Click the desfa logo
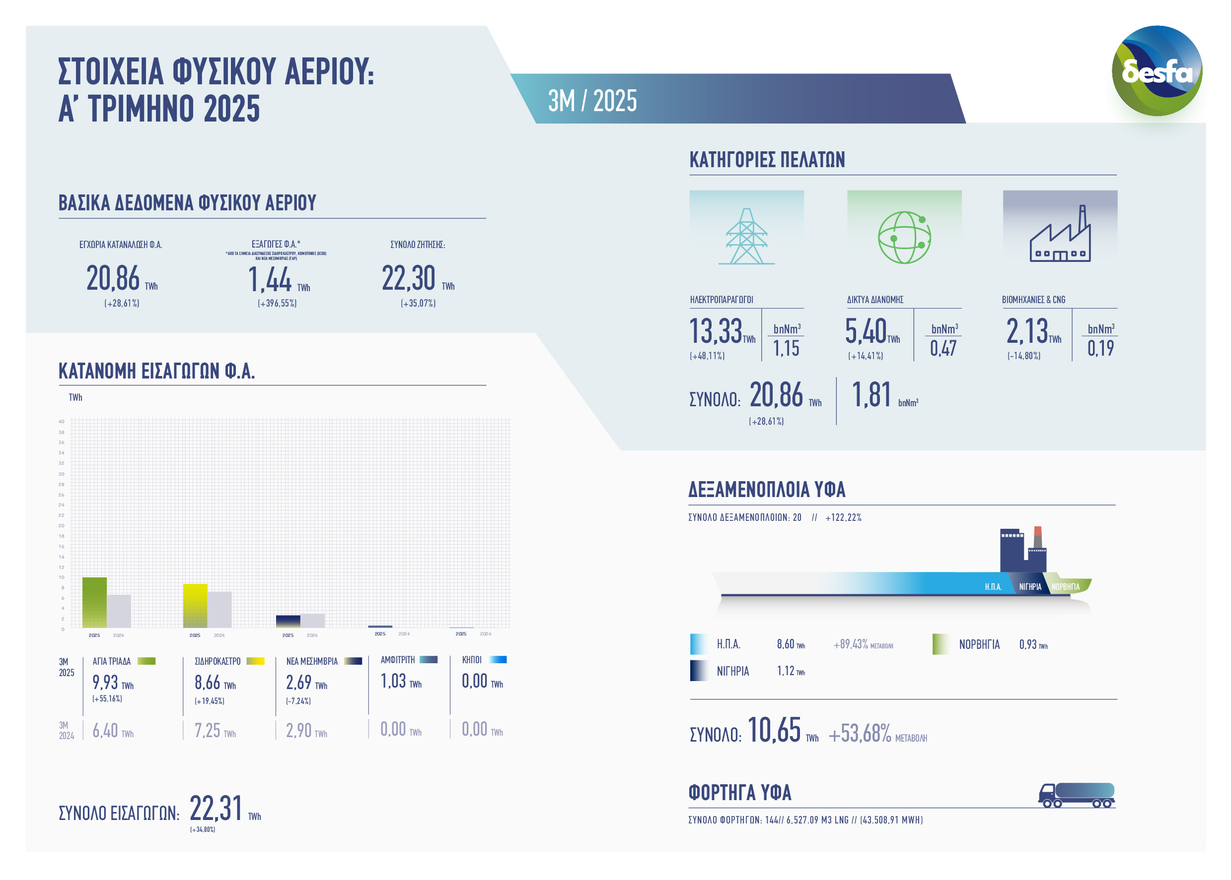[x=1156, y=70]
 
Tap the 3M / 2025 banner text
[x=592, y=101]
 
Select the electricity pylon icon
[x=746, y=236]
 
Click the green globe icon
[x=904, y=237]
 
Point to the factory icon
[x=1060, y=236]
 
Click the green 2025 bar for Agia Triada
[x=94, y=602]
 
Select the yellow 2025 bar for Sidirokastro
[x=195, y=605]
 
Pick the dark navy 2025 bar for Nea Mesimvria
[x=288, y=622]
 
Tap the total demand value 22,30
[x=408, y=278]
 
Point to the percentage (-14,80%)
[x=1023, y=356]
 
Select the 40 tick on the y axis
[x=61, y=422]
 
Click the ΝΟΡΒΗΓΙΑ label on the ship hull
[x=1065, y=587]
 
